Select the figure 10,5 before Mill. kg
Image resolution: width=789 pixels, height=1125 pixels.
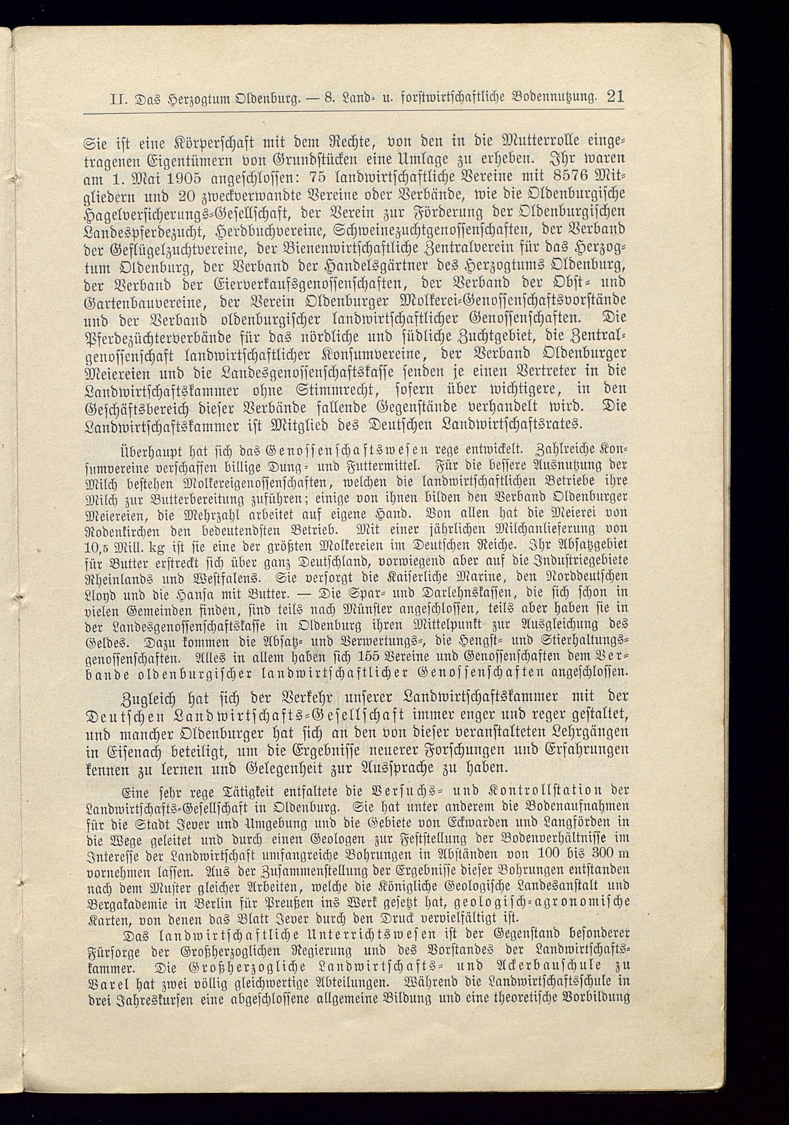99,547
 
